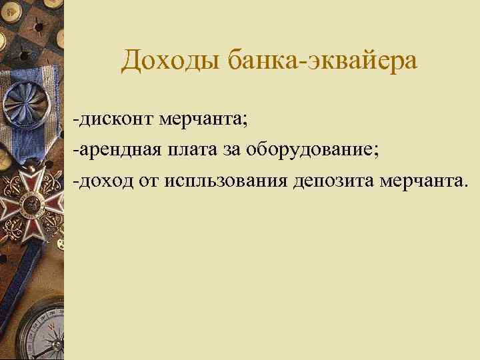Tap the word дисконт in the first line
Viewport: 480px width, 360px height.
click(x=117, y=119)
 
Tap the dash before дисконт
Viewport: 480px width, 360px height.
click(x=77, y=121)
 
